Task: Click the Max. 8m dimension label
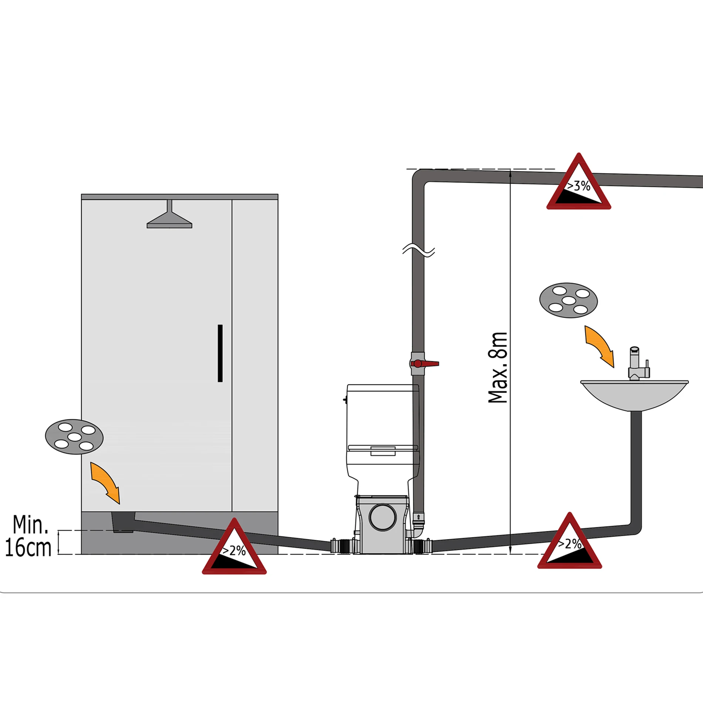tap(498, 367)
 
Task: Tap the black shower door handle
tap(220, 353)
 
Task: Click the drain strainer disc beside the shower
tap(74, 437)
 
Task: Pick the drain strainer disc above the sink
tap(569, 300)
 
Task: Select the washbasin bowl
tap(634, 396)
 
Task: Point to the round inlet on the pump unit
tap(383, 517)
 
